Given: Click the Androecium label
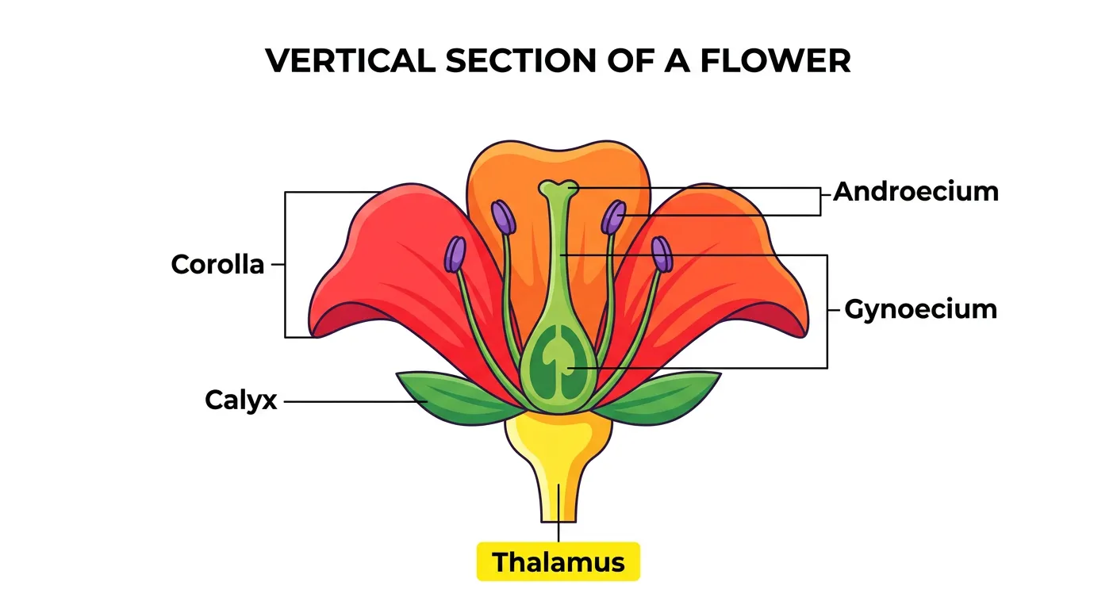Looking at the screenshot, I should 915,192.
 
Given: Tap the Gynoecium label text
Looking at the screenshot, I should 920,309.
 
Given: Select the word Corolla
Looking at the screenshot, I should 217,265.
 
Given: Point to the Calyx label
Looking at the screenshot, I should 241,400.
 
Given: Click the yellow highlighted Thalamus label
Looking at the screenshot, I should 558,562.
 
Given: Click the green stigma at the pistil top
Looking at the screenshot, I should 558,189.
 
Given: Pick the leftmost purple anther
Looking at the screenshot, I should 455,255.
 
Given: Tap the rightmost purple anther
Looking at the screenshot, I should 662,254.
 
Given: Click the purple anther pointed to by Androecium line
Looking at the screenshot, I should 613,216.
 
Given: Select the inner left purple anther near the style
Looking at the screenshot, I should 503,216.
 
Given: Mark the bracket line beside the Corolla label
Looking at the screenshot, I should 286,265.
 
